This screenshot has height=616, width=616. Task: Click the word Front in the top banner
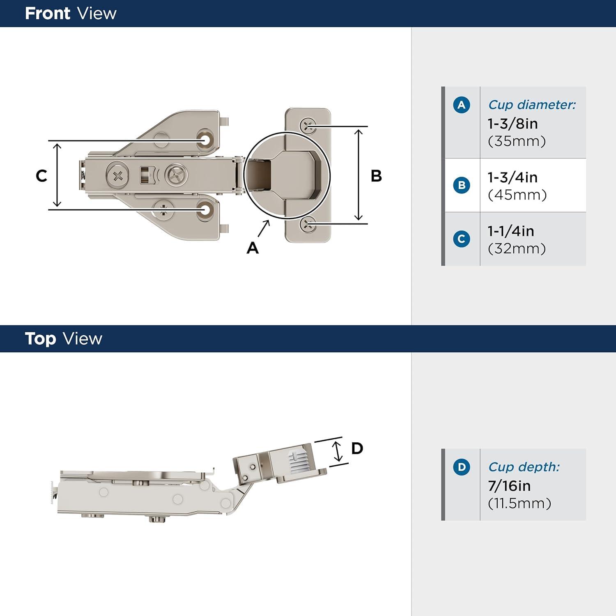point(47,14)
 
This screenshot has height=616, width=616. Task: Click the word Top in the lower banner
point(40,339)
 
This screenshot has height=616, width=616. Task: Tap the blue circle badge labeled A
point(461,105)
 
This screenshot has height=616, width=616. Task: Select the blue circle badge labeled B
point(461,185)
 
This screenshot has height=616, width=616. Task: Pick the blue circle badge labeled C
point(461,239)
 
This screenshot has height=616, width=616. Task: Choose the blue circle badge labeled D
point(461,467)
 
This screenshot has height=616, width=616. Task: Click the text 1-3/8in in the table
point(513,124)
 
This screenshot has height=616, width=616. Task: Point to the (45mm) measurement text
point(517,195)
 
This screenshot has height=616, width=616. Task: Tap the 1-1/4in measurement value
point(511,231)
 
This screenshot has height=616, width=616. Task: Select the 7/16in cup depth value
point(509,486)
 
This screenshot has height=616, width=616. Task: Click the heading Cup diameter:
point(532,105)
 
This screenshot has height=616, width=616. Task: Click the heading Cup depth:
point(524,467)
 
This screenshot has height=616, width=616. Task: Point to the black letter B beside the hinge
point(376,176)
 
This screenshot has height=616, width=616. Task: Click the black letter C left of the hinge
point(41,176)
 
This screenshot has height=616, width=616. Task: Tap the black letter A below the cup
point(253,248)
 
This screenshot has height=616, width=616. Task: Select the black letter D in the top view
point(357,448)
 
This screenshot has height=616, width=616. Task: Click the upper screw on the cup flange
point(308,125)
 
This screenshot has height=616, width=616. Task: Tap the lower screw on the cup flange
point(308,224)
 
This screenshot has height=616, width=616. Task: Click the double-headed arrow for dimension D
point(337,451)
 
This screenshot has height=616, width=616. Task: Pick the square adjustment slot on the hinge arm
point(145,175)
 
